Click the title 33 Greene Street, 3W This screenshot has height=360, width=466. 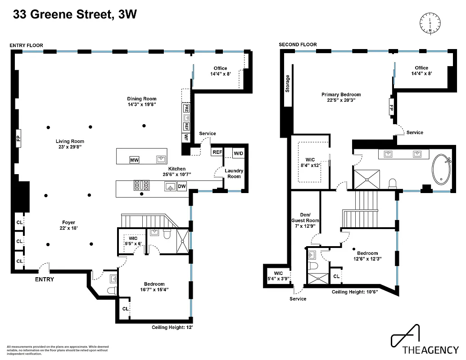pyautogui.click(x=75, y=15)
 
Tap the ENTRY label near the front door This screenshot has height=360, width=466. pyautogui.click(x=45, y=279)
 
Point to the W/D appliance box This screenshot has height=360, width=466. pyautogui.click(x=238, y=153)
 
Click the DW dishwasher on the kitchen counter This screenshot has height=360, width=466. pyautogui.click(x=182, y=186)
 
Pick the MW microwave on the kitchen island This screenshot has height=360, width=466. pyautogui.click(x=134, y=160)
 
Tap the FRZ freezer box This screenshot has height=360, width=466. pyautogui.click(x=186, y=109)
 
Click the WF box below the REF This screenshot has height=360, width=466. pyautogui.click(x=186, y=137)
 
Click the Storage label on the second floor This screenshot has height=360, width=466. pyautogui.click(x=288, y=83)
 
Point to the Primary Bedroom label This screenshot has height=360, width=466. pyautogui.click(x=341, y=97)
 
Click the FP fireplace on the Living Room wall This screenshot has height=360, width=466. pyautogui.click(x=18, y=139)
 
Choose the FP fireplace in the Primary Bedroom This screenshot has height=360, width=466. pyautogui.click(x=390, y=108)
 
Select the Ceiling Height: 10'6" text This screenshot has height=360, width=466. pyautogui.click(x=354, y=292)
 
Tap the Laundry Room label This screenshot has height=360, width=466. pyautogui.click(x=234, y=173)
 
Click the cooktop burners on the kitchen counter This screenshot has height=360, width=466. pyautogui.click(x=141, y=185)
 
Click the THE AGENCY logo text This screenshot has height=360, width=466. pyautogui.click(x=430, y=350)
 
